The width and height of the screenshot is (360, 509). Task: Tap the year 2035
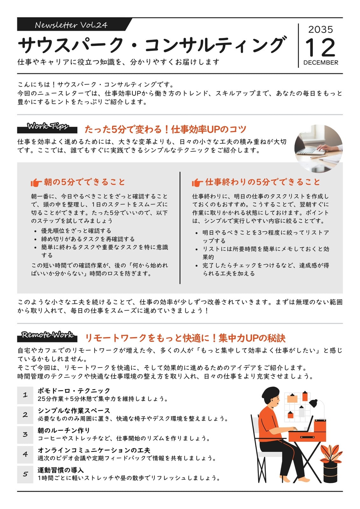[321, 30]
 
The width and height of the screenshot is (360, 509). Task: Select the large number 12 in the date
[320, 47]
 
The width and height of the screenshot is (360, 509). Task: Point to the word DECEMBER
[321, 62]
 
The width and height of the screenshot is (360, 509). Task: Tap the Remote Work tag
[47, 336]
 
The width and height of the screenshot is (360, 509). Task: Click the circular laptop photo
[318, 149]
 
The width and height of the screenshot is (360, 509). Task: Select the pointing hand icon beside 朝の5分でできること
[36, 183]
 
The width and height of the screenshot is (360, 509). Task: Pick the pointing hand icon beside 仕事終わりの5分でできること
[197, 183]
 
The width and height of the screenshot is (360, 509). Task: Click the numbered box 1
[25, 395]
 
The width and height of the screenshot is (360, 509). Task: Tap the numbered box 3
[25, 435]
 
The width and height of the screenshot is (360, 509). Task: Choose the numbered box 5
[25, 474]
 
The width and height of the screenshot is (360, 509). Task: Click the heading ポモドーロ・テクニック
[74, 391]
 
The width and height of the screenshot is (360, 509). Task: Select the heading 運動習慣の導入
[61, 470]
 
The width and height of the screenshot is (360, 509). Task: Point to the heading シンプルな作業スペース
[74, 411]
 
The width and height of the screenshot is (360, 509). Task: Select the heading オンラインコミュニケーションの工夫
[94, 450]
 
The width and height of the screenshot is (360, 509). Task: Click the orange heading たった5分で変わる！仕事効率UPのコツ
[165, 129]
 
